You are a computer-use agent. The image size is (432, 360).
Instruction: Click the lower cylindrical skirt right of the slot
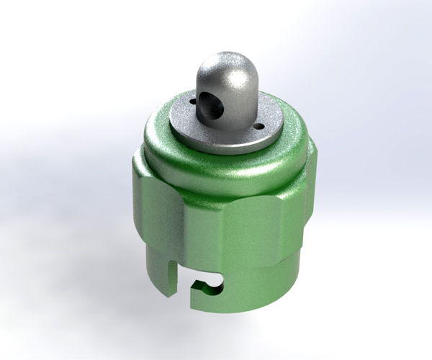[259, 281]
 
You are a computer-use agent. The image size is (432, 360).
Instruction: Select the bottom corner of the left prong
[170, 295]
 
